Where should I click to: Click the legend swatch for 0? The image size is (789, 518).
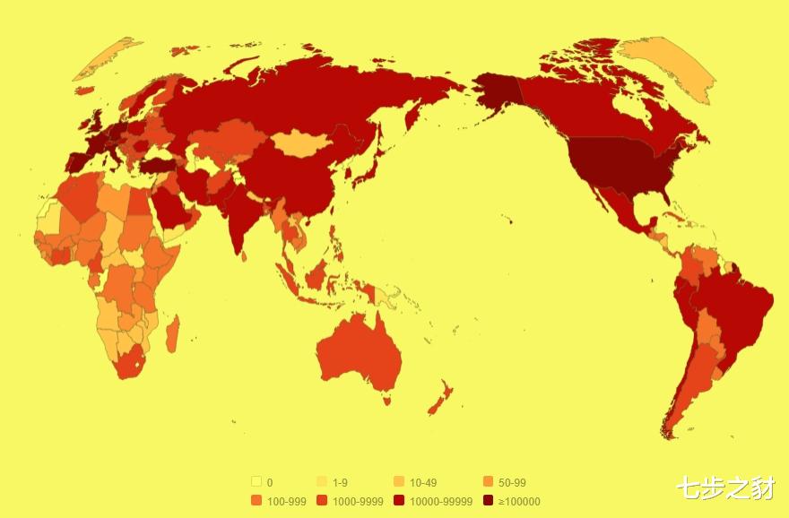click(x=256, y=482)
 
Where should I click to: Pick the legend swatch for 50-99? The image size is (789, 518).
click(x=489, y=482)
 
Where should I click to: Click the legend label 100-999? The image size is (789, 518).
click(x=287, y=501)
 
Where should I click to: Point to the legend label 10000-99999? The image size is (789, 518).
click(x=441, y=501)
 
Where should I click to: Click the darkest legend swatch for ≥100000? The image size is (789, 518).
click(x=489, y=501)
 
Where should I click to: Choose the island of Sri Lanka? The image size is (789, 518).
click(x=244, y=256)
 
